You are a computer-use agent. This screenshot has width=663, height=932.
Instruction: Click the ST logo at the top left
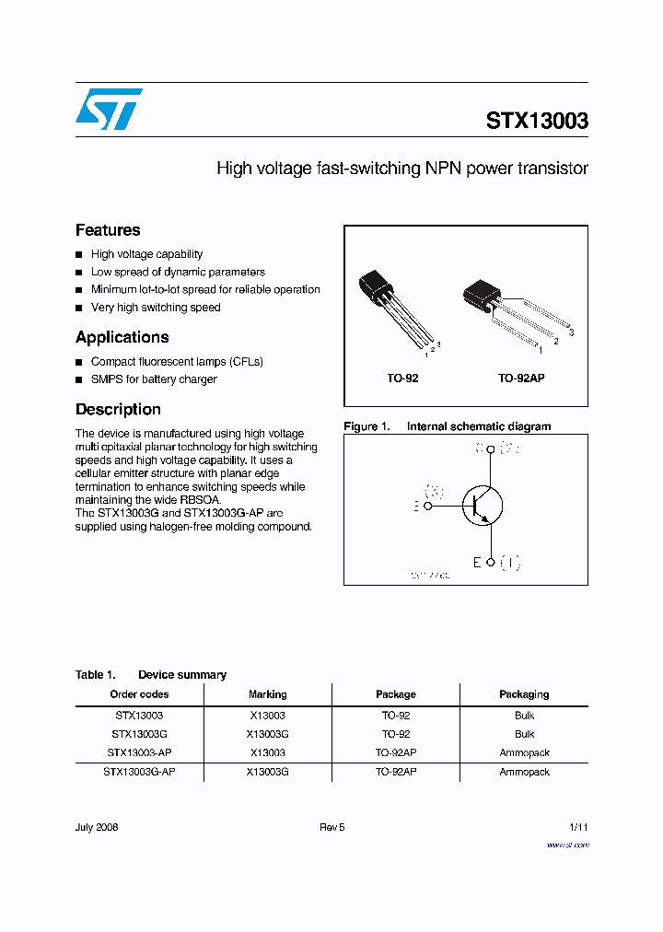(x=109, y=109)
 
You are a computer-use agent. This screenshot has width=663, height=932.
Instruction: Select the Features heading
(x=108, y=230)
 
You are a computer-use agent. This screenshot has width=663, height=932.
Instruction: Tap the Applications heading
(x=122, y=337)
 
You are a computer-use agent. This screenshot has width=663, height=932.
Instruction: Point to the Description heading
(x=118, y=409)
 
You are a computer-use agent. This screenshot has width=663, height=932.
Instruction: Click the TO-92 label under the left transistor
(x=402, y=379)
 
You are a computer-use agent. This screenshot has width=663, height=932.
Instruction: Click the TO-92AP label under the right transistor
(x=521, y=379)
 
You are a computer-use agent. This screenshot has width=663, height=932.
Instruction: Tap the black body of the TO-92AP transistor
(x=482, y=294)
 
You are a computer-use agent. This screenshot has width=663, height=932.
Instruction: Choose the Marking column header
(x=267, y=694)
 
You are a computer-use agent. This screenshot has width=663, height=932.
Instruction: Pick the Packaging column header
(x=524, y=694)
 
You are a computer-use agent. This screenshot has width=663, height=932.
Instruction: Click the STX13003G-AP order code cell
(x=139, y=772)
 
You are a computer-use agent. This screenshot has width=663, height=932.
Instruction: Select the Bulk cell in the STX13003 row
(x=524, y=715)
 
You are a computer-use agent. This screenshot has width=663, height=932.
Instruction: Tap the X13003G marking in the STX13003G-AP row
(x=267, y=772)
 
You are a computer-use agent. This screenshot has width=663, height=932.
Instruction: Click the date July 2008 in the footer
(x=97, y=827)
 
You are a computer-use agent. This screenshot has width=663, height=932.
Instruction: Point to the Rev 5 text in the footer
(x=331, y=827)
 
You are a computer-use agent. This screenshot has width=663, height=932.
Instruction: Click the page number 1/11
(x=578, y=827)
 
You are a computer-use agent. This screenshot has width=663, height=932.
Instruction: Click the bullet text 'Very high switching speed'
(x=156, y=308)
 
